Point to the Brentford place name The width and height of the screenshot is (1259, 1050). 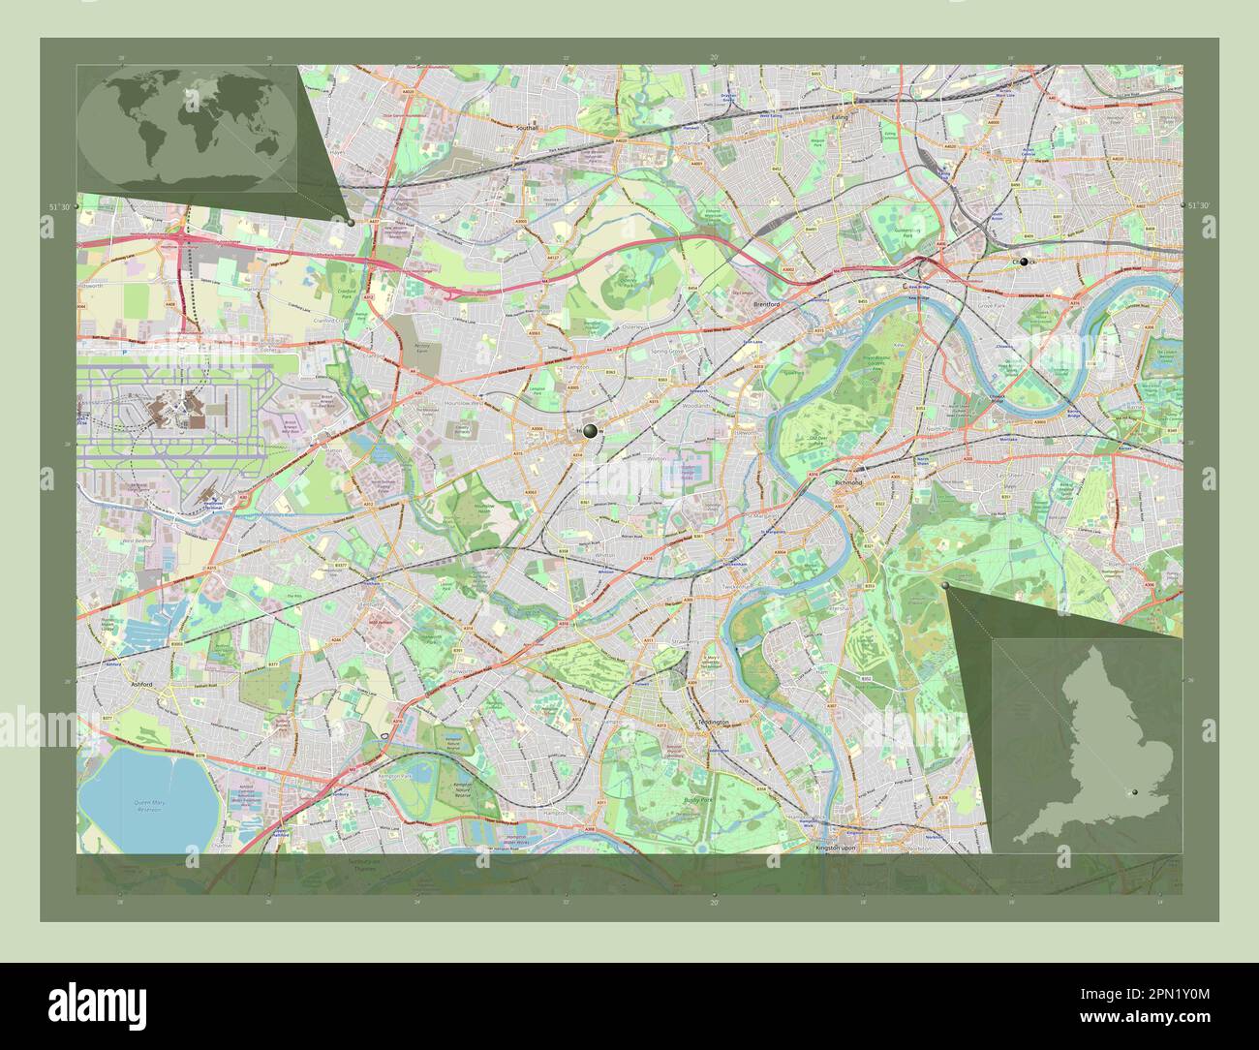point(766,303)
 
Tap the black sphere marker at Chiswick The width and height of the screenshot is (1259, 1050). point(1024,262)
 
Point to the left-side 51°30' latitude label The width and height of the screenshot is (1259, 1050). point(59,206)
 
